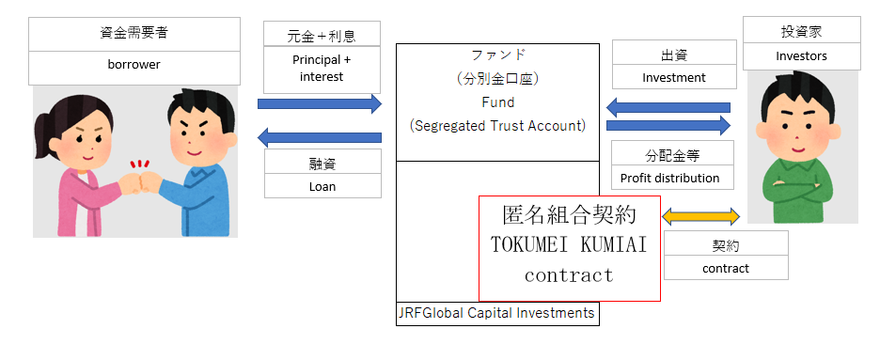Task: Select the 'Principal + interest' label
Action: (x=322, y=69)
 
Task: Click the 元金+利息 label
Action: (x=322, y=35)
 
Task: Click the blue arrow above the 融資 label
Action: (x=320, y=137)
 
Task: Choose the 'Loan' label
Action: (x=322, y=186)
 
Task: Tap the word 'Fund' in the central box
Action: (x=497, y=102)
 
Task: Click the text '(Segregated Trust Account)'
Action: (x=497, y=124)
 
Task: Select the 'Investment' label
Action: (x=673, y=78)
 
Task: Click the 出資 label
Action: (x=673, y=54)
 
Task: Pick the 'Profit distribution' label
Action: (x=670, y=178)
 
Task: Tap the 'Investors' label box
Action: (x=801, y=55)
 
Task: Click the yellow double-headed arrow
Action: (x=701, y=217)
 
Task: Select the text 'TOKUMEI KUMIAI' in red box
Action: (x=570, y=244)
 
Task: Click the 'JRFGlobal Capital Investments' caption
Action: (x=497, y=313)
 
